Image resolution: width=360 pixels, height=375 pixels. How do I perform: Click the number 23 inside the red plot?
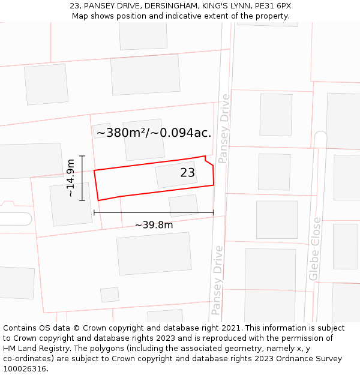(x=188, y=173)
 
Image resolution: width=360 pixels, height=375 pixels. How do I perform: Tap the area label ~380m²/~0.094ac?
(x=154, y=133)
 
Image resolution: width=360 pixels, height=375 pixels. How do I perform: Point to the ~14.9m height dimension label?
(x=71, y=178)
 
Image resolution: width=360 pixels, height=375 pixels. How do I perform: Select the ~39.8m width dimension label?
(x=154, y=225)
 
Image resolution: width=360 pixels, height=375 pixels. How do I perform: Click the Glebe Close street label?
(x=314, y=249)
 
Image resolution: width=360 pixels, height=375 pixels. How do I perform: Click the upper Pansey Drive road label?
(x=224, y=128)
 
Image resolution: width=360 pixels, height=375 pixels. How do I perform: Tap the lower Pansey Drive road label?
(x=217, y=280)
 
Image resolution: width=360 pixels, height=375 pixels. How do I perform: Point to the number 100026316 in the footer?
(x=25, y=368)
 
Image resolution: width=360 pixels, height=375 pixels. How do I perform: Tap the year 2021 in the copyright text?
(x=229, y=328)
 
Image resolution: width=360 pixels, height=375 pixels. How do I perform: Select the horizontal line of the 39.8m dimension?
(x=154, y=212)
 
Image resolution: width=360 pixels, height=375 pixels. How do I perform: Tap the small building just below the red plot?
(x=183, y=205)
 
